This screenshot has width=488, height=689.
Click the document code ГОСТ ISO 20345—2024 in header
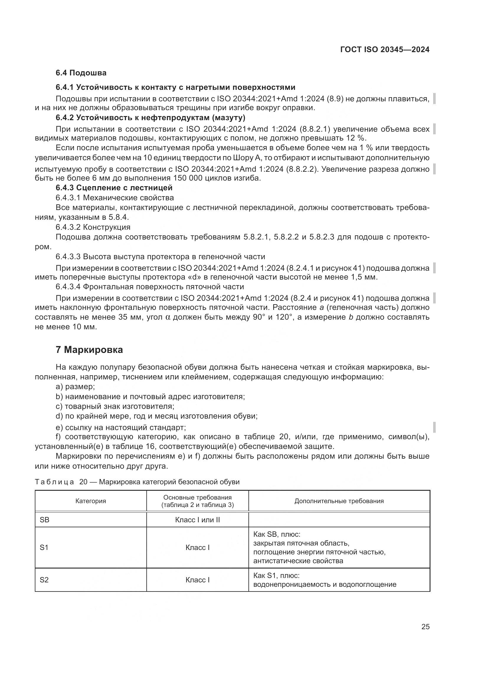click(385, 49)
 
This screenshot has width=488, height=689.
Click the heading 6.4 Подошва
click(81, 73)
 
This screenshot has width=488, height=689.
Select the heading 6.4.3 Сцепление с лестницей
click(114, 188)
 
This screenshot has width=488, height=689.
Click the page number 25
click(425, 627)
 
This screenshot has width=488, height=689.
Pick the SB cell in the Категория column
click(45, 519)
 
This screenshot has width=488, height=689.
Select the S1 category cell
click(44, 547)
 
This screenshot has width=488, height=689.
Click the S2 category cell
click(44, 580)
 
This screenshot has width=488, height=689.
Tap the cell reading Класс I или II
click(197, 519)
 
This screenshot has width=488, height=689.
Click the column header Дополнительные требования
click(339, 501)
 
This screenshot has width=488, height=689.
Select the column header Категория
click(91, 501)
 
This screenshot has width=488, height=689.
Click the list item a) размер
click(75, 387)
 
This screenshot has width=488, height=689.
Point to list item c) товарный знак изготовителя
click(115, 406)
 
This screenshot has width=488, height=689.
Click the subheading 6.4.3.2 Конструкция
click(93, 227)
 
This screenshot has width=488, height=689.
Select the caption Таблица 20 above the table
click(137, 482)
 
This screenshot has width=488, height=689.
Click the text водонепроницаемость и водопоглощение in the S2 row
click(325, 584)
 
